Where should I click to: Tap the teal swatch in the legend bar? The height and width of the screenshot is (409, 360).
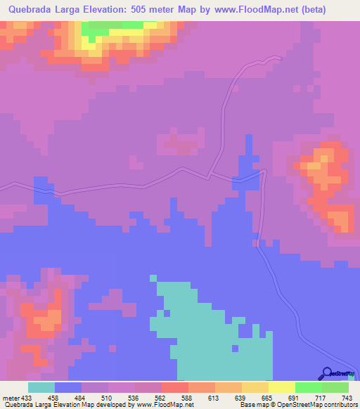click(x=41, y=387)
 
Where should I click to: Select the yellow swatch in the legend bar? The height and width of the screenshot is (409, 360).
click(x=281, y=387)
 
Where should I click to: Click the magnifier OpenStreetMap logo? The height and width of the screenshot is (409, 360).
click(x=327, y=374)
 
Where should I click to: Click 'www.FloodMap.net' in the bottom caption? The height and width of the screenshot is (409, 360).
click(x=160, y=405)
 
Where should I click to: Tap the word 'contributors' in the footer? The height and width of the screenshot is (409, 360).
click(x=337, y=405)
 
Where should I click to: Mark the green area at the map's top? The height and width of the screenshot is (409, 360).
click(x=112, y=28)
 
